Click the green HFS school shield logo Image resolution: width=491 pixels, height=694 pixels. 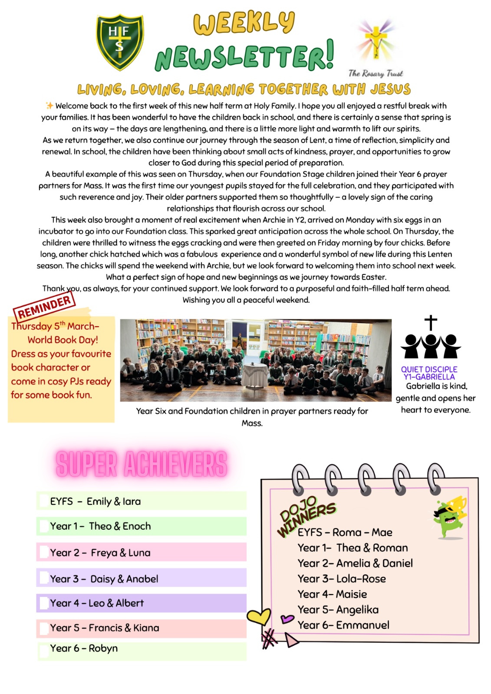point(120,42)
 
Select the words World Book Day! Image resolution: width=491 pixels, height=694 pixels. point(63,340)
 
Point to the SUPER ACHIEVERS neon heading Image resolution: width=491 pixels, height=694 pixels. point(142,464)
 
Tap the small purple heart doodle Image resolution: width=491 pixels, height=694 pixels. point(287,619)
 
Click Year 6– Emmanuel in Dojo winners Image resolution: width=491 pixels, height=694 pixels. point(343,625)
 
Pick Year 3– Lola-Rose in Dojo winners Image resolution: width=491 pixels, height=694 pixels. point(342,579)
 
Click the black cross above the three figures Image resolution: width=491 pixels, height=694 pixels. point(431,323)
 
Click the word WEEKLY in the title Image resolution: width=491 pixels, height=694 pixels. point(244,23)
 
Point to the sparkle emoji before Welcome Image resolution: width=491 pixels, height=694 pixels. point(49,105)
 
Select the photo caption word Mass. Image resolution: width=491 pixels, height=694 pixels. point(252,423)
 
